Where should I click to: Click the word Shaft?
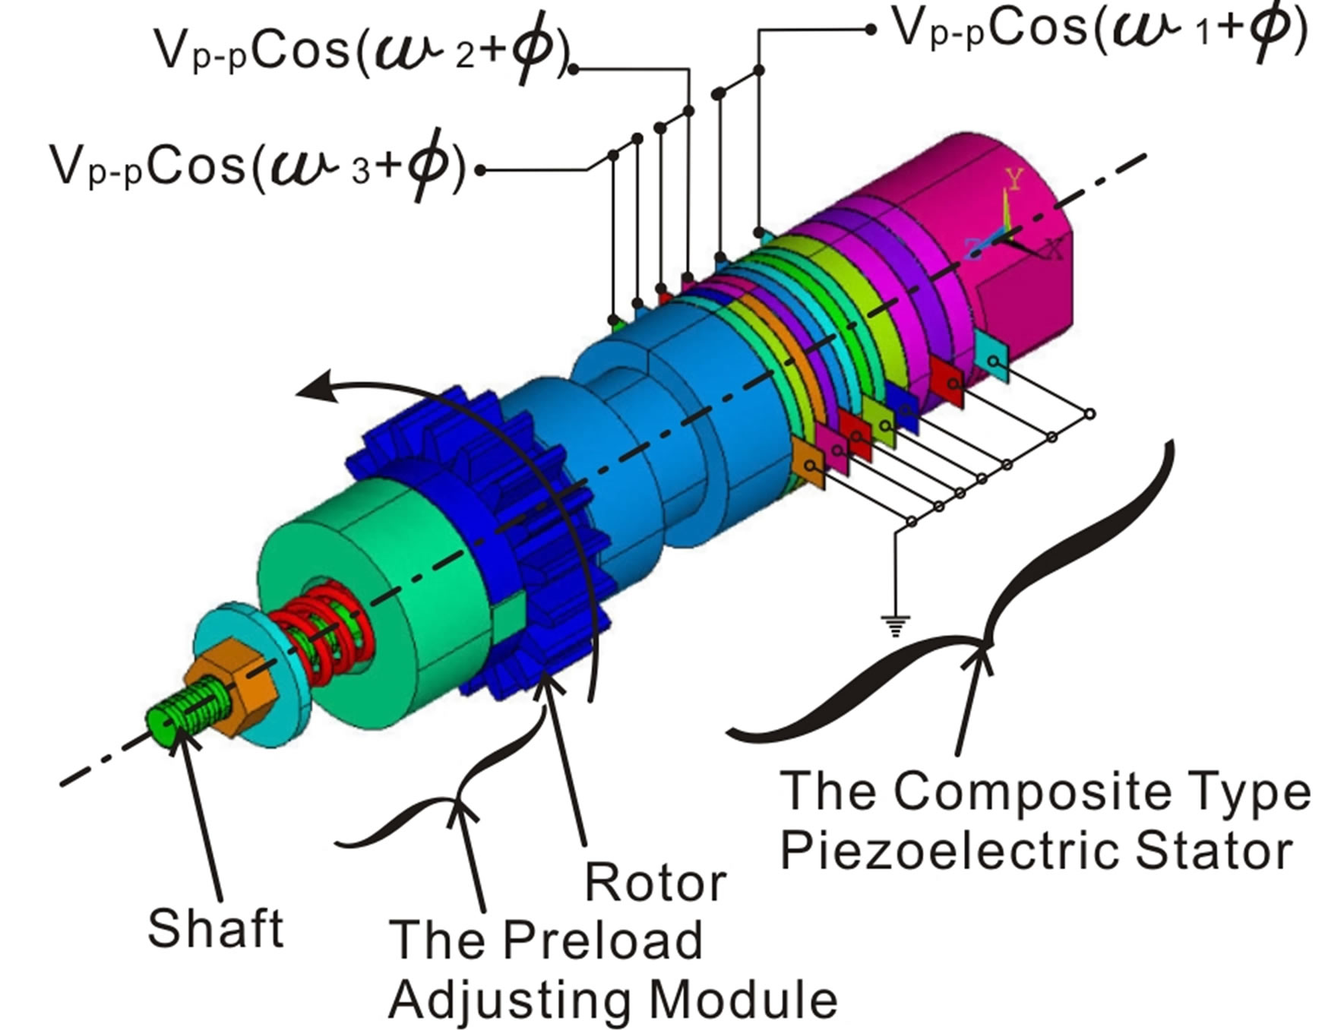point(216,927)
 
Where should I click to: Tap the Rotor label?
point(656,883)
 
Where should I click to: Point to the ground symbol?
point(896,626)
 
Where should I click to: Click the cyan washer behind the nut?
point(251,668)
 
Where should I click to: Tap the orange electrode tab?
point(807,462)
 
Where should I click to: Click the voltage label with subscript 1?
point(1098,30)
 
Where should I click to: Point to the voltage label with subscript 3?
point(257,167)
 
